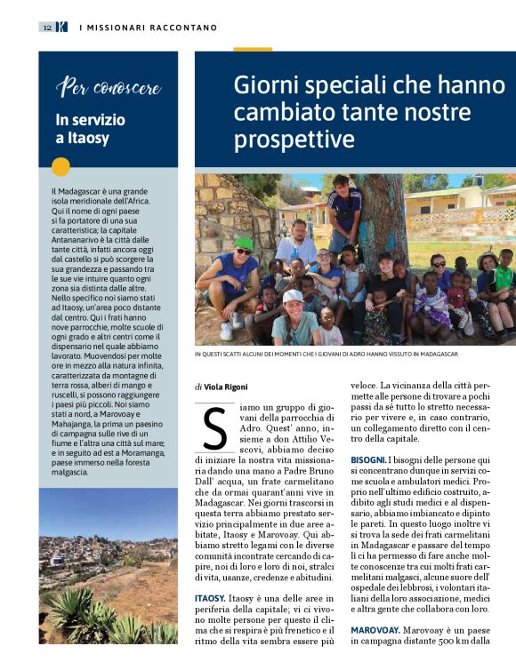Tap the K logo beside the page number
pyautogui.click(x=60, y=28)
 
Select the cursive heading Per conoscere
pyautogui.click(x=109, y=87)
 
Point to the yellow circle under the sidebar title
pyautogui.click(x=60, y=166)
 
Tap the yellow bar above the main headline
pyautogui.click(x=253, y=49)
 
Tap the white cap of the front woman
pyautogui.click(x=293, y=296)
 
